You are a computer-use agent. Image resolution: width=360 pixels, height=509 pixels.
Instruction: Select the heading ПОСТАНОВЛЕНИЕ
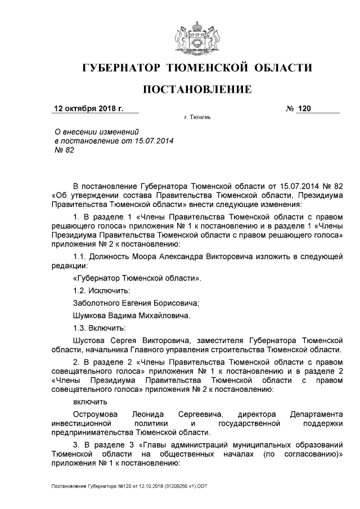[196, 89]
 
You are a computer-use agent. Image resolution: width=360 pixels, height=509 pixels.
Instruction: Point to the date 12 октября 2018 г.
[88, 108]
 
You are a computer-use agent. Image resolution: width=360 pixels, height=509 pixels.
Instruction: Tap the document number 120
[304, 108]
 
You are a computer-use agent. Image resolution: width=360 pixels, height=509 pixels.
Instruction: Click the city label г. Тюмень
[196, 119]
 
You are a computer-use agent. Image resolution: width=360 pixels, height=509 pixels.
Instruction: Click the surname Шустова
[92, 340]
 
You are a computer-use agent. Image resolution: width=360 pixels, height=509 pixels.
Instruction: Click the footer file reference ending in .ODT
[127, 484]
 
